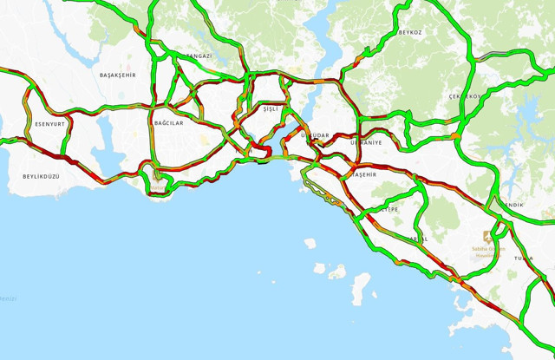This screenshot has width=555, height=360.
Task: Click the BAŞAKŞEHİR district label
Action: (118, 75)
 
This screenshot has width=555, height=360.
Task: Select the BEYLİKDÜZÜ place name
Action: (41, 176)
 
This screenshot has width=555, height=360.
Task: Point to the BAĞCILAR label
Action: (167, 123)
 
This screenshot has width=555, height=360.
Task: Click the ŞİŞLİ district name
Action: (272, 109)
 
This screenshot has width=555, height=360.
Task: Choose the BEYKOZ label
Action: (410, 32)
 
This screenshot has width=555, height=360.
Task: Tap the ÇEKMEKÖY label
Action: (464, 96)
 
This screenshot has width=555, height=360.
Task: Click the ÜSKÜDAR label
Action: (315, 136)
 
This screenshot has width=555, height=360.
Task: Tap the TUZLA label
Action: (523, 259)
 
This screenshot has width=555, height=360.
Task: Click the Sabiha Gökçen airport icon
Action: (488, 236)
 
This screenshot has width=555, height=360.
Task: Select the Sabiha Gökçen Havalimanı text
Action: (486, 251)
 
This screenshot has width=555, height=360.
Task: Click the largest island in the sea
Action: (359, 284)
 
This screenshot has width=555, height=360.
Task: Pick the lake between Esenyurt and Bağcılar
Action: (109, 130)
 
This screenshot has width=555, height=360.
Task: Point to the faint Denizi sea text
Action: (8, 298)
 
